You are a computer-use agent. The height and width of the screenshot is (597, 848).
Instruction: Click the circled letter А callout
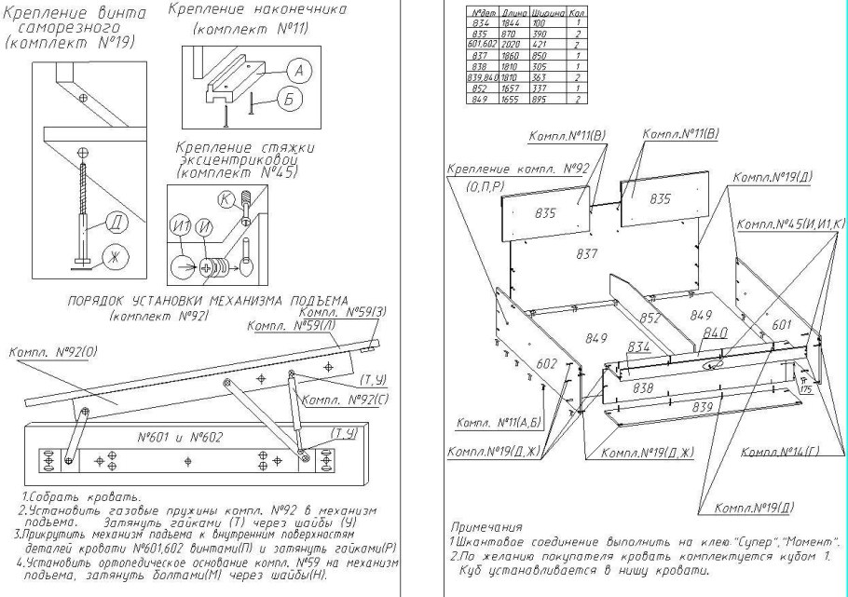297,68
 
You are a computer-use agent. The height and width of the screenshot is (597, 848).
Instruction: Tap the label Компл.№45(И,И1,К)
789,224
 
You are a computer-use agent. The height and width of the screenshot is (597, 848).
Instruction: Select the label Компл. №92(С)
338,401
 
